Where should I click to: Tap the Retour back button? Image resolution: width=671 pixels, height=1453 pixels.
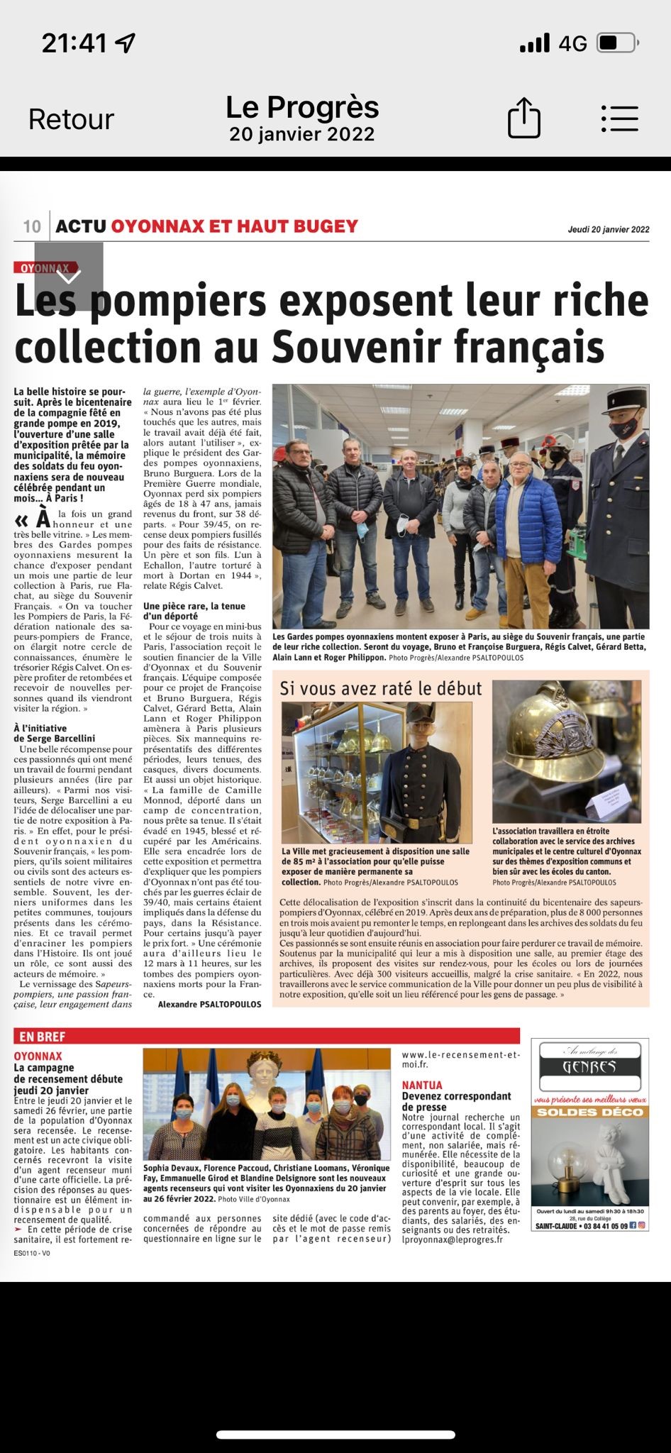click(71, 119)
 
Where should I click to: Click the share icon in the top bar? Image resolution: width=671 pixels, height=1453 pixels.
click(524, 118)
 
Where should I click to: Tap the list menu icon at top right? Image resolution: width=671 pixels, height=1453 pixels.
click(619, 118)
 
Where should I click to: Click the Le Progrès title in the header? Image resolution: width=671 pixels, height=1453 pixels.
click(302, 108)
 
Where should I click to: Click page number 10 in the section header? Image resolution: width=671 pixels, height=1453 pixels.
click(32, 226)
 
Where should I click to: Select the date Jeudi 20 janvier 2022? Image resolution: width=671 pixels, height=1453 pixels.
click(608, 229)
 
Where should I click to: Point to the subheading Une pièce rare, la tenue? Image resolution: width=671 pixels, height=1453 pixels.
click(194, 606)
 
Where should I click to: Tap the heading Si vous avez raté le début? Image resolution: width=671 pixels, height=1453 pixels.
click(381, 688)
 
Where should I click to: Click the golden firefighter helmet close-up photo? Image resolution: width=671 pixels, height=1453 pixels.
click(566, 750)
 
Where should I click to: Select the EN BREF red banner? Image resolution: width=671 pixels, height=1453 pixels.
click(43, 1037)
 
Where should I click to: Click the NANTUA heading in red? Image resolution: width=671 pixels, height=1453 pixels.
click(422, 1085)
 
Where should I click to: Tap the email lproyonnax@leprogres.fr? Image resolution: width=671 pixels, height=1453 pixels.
click(452, 1239)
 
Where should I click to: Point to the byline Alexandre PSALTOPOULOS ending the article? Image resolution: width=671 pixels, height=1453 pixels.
click(209, 1004)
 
